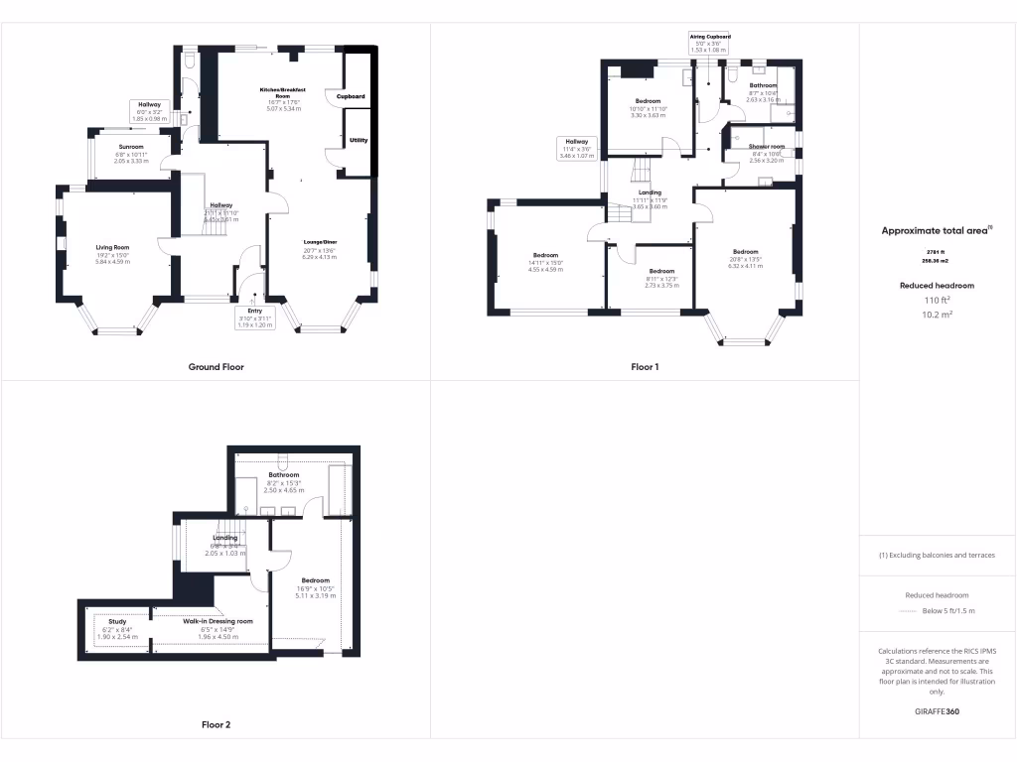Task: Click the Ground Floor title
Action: click(216, 367)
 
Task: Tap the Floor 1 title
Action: click(645, 367)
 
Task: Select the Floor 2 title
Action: click(216, 725)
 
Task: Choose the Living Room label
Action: click(112, 248)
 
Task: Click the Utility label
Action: click(359, 140)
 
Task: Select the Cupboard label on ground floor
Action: click(351, 96)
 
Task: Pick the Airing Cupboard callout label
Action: click(710, 37)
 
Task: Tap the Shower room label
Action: click(767, 147)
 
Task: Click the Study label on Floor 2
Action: click(117, 621)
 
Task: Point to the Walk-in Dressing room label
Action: click(218, 621)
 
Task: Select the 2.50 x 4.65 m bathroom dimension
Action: click(284, 491)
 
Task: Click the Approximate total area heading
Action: click(937, 230)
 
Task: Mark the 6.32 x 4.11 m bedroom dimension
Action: click(745, 266)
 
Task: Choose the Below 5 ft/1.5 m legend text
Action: click(948, 611)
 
